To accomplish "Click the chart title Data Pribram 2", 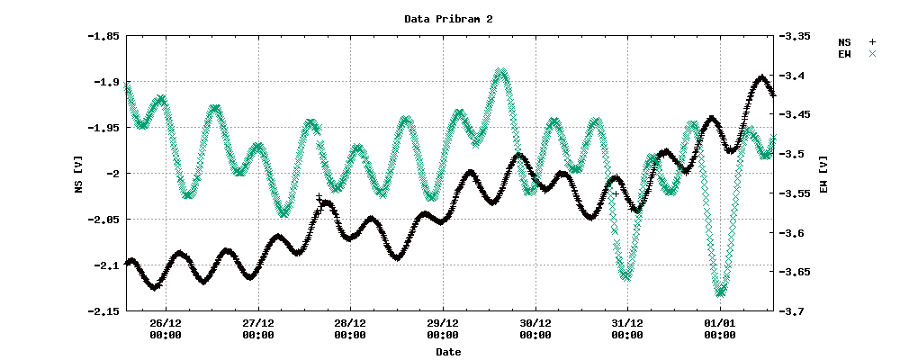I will click(448, 18).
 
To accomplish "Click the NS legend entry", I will click(856, 42).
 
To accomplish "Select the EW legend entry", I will click(856, 54).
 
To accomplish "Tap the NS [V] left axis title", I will click(79, 174).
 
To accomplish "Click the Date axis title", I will click(448, 352).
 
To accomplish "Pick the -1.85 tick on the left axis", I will click(101, 36).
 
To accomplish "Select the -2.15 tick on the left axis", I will click(101, 311).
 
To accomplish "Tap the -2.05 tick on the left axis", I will click(101, 220).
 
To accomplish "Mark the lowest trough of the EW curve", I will click(720, 292).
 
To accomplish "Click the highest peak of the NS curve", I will click(761, 77).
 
